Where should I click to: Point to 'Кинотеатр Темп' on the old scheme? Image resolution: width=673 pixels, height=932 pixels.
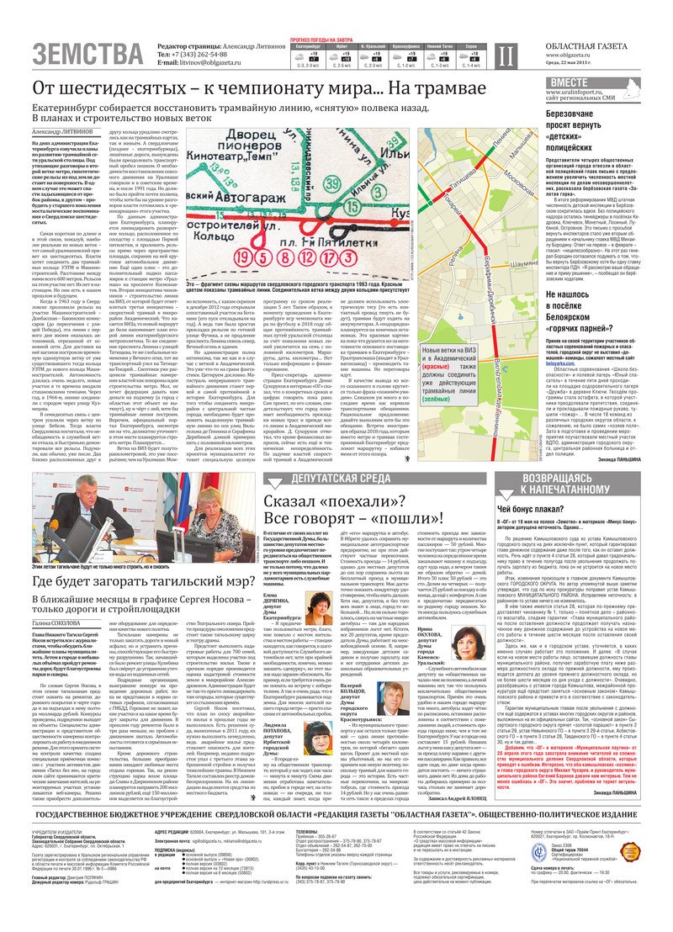tap(238, 155)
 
